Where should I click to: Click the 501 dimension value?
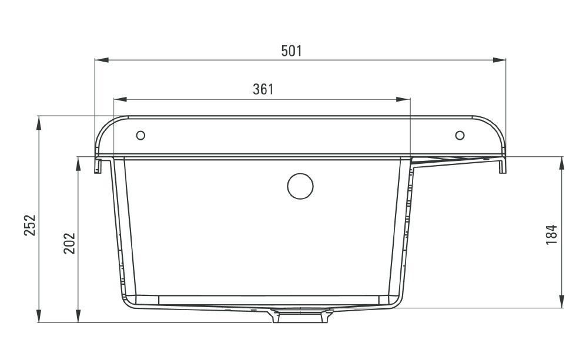coord(292,51)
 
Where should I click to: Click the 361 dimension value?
coord(263,89)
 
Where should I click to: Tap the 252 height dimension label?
coord(30,225)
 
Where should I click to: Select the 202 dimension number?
coord(69,243)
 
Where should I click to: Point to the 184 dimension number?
coord(552,234)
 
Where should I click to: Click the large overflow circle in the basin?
coord(300,186)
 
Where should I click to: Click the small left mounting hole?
coord(140,135)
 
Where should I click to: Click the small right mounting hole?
coord(460,135)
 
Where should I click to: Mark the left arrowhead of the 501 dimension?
coord(101,60)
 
